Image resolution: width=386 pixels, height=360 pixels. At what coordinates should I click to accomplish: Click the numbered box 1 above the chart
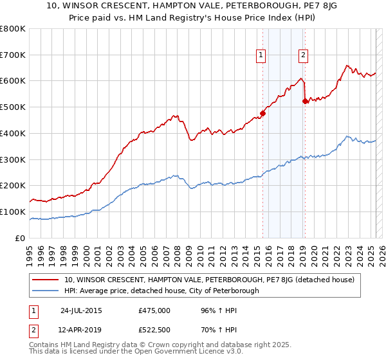click(x=261, y=55)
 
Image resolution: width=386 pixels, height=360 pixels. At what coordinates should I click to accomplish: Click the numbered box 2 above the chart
click(x=302, y=55)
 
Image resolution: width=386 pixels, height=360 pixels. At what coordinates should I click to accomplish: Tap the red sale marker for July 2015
click(x=262, y=114)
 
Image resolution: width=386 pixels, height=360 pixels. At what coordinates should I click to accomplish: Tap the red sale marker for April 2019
click(x=305, y=101)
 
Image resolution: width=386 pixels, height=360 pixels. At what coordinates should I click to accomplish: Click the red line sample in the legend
click(x=44, y=280)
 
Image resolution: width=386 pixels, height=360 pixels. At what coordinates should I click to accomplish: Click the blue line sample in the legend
click(x=44, y=291)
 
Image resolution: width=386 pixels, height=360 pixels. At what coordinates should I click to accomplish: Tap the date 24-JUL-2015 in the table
click(x=82, y=310)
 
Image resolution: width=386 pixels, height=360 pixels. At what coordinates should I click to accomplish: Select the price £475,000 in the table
click(x=154, y=310)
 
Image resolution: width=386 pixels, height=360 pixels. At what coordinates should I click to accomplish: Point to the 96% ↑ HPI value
click(x=212, y=310)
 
